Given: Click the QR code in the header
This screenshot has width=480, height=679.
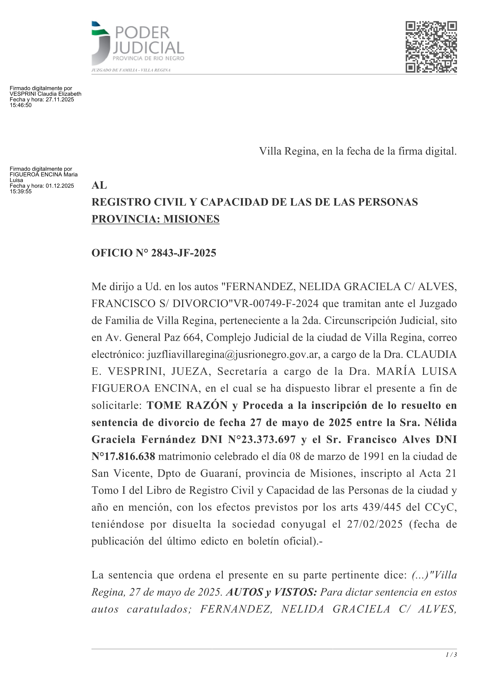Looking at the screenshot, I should [x=431, y=47].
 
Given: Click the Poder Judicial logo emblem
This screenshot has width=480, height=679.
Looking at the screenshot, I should [x=100, y=44].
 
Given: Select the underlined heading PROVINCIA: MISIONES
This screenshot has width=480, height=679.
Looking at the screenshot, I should [x=156, y=219].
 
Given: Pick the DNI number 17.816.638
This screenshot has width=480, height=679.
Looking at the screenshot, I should [x=128, y=457].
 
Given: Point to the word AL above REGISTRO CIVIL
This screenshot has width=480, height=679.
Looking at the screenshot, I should [x=99, y=185].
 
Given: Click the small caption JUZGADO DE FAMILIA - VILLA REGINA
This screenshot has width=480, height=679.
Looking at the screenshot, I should [x=131, y=70].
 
